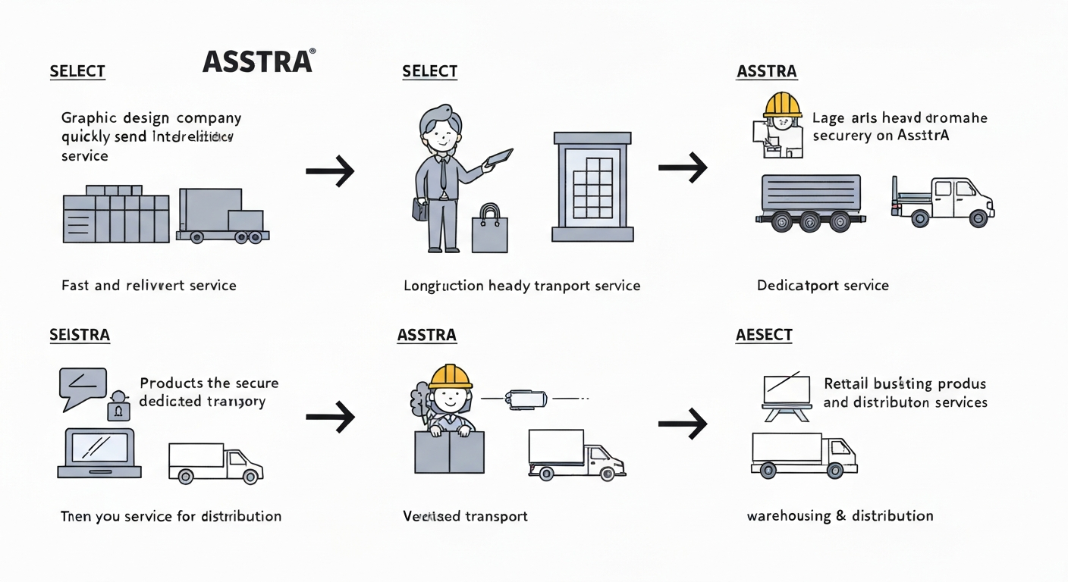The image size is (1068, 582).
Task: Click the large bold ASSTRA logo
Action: tap(257, 61)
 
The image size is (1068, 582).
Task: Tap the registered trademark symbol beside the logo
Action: tap(313, 51)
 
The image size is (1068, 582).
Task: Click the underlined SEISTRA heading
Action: tap(80, 335)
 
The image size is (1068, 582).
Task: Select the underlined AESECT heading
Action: tap(764, 335)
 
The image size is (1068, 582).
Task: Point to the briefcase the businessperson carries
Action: tap(419, 209)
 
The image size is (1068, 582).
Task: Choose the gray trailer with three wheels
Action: tap(811, 201)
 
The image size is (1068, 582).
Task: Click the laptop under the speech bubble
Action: tap(99, 453)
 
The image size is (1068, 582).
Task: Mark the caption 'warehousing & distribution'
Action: tap(840, 516)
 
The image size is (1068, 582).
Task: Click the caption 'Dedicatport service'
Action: tap(822, 286)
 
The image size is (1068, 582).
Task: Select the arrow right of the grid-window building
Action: tap(682, 168)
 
